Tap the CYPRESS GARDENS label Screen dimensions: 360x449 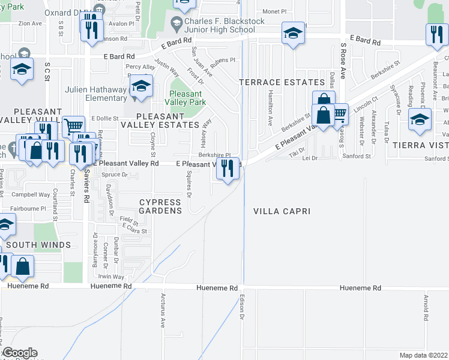tap(160, 206)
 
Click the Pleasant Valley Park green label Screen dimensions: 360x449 tap(185, 98)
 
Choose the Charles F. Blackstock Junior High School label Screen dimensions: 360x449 tap(224, 26)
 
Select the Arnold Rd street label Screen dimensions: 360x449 tap(425, 307)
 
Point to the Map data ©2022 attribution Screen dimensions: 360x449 tap(423, 355)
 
